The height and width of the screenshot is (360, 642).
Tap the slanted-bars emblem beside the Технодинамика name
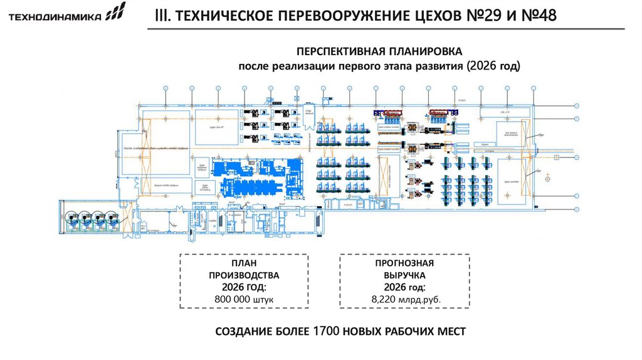click(115, 13)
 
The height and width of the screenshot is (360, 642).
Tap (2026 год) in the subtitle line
click(493, 66)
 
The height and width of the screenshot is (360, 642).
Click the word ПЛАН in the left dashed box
click(243, 263)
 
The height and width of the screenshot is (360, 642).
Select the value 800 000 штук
click(243, 300)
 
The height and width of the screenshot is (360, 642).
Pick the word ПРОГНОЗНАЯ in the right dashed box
click(404, 263)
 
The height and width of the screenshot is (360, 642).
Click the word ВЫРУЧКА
click(404, 275)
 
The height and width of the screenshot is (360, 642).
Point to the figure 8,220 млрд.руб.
click(404, 300)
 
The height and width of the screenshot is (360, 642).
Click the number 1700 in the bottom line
click(326, 331)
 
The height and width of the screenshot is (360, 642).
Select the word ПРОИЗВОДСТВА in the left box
click(243, 275)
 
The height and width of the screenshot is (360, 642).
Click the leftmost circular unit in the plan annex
click(71, 220)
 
